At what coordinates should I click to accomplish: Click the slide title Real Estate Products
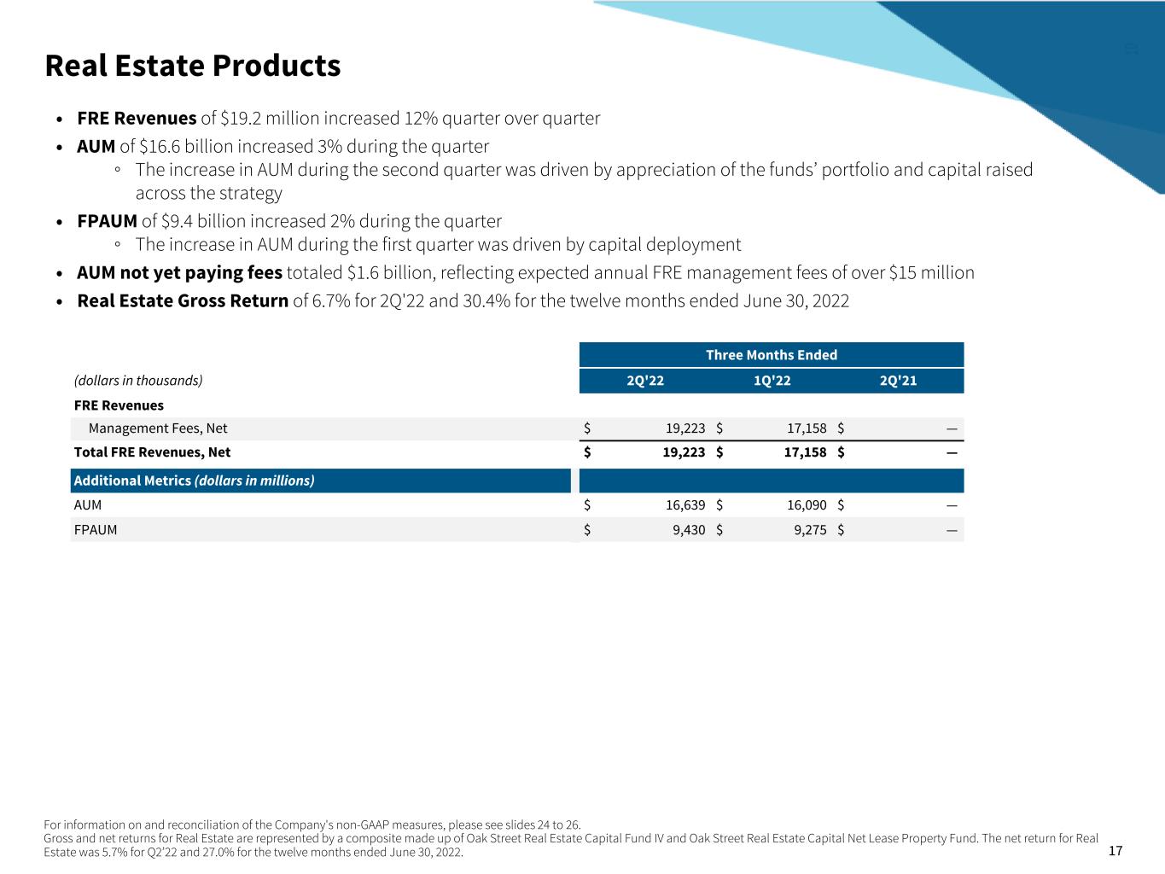pos(192,66)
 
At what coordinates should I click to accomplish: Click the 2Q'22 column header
pos(645,381)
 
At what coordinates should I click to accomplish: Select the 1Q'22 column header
pos(772,381)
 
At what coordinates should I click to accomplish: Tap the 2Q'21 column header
pos(898,381)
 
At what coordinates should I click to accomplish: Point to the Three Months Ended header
pos(772,355)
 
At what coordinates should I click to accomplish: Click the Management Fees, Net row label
pos(158,428)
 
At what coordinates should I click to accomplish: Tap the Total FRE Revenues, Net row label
pos(152,452)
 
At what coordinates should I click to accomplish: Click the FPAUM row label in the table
pos(96,530)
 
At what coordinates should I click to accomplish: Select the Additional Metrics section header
pos(194,481)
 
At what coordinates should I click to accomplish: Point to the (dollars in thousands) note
pos(138,381)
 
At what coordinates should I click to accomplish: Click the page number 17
pos(1115,851)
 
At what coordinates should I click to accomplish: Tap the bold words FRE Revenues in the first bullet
pos(137,119)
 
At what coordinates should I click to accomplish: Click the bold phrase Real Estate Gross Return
pos(183,301)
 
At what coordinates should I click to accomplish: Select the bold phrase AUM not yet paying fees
pos(179,273)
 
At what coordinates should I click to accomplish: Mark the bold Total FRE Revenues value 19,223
pos(684,452)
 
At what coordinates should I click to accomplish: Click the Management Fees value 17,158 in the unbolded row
pos(807,428)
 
